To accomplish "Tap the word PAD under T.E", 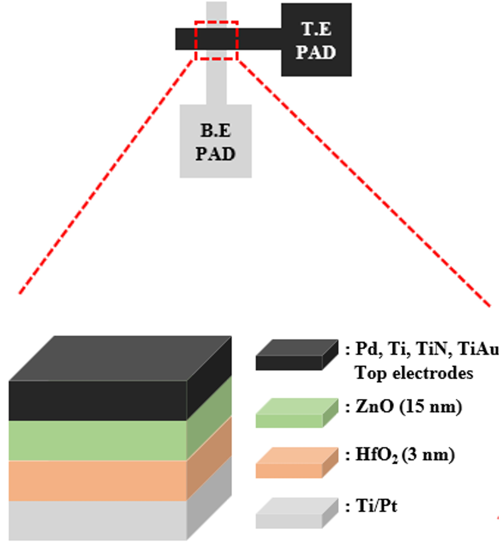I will [x=316, y=52].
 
